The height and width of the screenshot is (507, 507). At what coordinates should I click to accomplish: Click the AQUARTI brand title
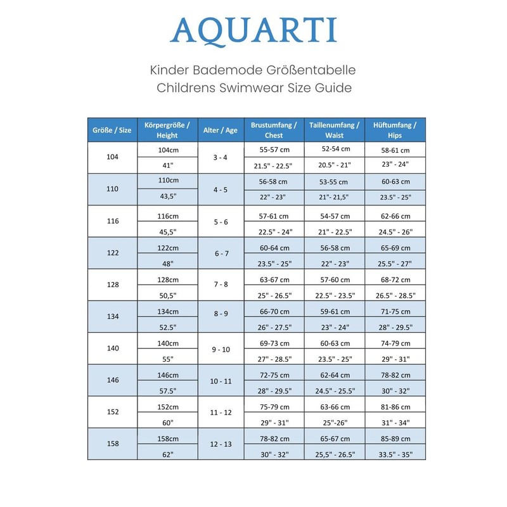pos(253,30)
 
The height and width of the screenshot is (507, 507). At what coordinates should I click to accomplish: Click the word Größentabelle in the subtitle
pos(316,69)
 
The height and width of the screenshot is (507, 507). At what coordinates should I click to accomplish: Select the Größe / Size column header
pos(112,130)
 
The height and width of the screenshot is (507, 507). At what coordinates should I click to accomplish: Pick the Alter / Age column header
pos(221,130)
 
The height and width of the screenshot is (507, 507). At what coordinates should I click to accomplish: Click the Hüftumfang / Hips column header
pos(395,130)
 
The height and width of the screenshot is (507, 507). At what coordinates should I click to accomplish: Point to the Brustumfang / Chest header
pos(274,130)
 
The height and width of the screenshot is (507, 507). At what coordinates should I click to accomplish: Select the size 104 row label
pos(112,157)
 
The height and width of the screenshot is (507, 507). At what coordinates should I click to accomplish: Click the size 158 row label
pos(112,444)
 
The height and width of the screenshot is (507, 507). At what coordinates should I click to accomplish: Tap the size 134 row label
pos(112,316)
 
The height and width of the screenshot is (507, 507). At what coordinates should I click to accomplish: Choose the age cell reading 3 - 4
pos(221,157)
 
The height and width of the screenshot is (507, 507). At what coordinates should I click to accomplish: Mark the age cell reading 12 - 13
pos(221,444)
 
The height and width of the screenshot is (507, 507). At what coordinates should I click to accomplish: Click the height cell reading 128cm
pos(168,279)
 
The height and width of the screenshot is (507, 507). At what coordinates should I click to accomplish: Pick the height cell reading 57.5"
pos(168,391)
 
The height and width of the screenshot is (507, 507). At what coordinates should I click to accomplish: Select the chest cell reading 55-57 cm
pos(274,150)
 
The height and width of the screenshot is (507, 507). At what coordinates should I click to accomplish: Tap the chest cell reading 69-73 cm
pos(274,343)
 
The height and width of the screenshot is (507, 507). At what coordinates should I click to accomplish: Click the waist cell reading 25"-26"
pos(335,423)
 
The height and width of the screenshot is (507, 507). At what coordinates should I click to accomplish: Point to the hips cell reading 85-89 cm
pos(395,439)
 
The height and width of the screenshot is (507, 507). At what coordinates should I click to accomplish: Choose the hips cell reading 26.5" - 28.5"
pos(395,295)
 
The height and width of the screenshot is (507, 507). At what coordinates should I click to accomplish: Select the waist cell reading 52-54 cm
pos(335,149)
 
